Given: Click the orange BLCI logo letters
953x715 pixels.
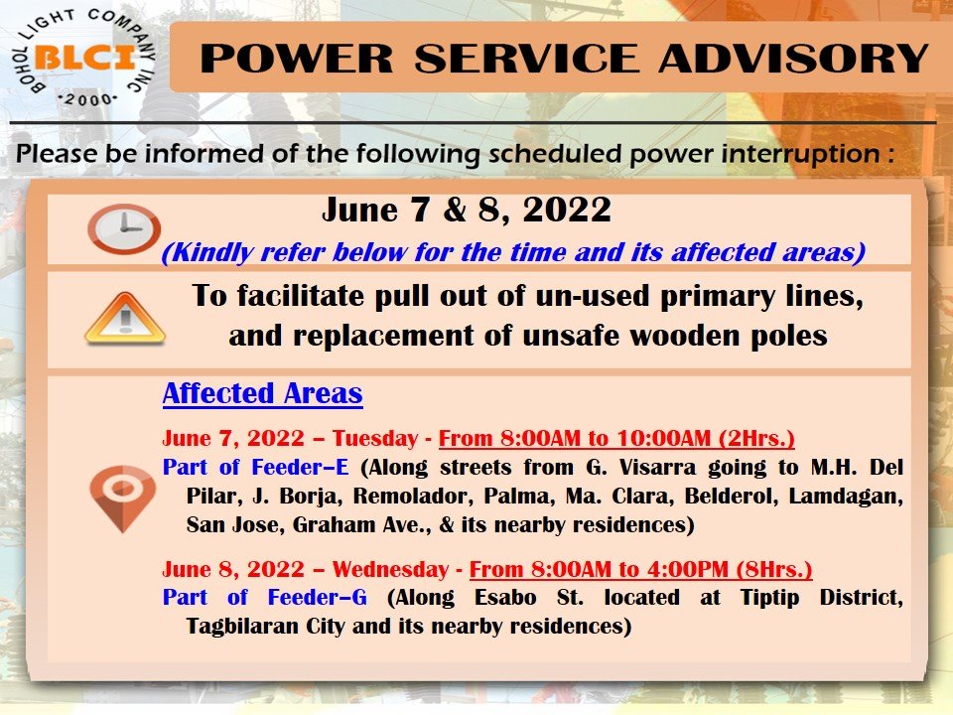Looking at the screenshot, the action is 84,58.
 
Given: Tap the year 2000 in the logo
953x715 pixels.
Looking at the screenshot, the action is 88,99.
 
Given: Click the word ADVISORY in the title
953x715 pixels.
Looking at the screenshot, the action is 793,59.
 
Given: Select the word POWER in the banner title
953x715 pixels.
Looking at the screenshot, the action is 297,59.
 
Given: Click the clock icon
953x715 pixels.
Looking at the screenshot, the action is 124,228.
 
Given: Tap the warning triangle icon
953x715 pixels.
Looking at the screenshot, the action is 125,319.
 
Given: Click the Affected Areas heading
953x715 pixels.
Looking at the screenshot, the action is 262,393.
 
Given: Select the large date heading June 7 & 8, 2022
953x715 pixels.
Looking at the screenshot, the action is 467,210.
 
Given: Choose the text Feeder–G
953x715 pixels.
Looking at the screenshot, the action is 318,597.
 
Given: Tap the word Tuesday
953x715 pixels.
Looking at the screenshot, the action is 375,438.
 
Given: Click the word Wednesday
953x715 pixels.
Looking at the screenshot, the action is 390,569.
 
